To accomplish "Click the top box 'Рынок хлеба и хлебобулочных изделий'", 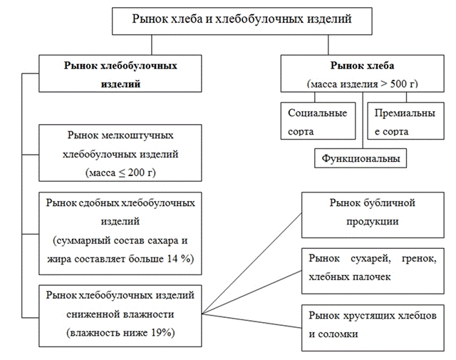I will (x=242, y=19).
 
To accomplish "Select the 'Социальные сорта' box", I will (x=316, y=122).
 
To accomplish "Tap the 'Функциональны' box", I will (x=361, y=157).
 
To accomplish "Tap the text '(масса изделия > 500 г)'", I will (x=362, y=84).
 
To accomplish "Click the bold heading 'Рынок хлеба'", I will (x=361, y=66).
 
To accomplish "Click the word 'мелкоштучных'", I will (x=138, y=135).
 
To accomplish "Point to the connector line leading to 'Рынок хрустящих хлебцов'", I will (x=252, y=318).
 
